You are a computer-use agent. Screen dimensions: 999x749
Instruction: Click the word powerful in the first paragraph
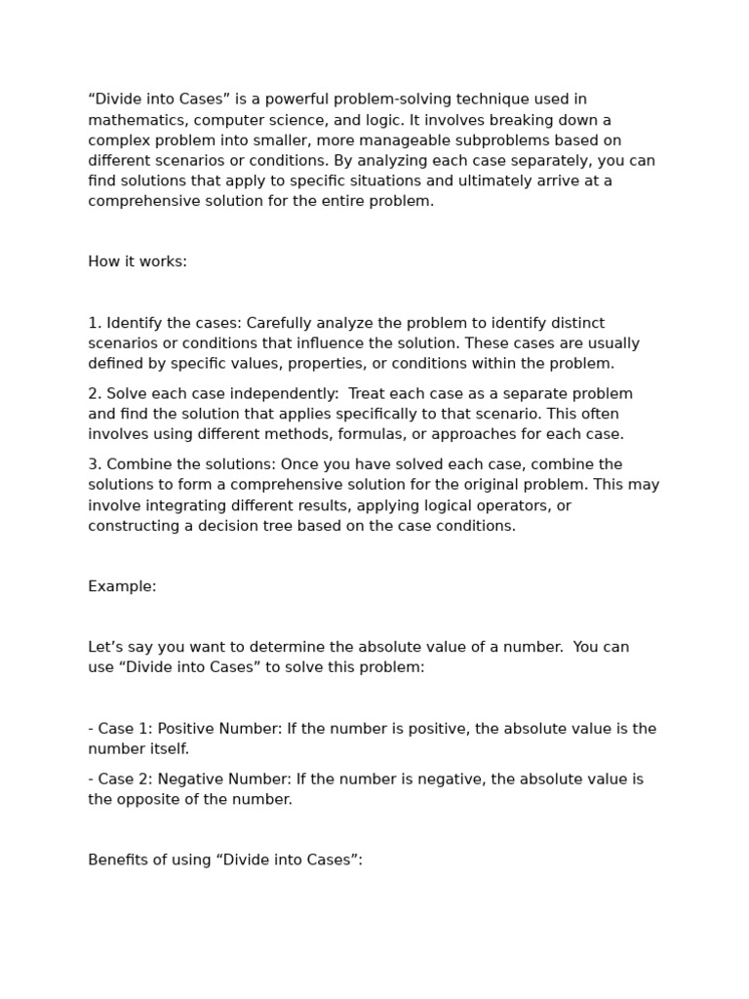pyautogui.click(x=293, y=100)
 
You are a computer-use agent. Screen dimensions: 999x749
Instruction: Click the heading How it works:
pyautogui.click(x=138, y=261)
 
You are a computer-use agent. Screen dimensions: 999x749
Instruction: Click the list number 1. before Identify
pyautogui.click(x=95, y=323)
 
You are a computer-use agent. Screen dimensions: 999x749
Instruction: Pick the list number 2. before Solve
pyautogui.click(x=95, y=394)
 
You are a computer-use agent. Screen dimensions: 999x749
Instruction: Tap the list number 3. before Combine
pyautogui.click(x=95, y=464)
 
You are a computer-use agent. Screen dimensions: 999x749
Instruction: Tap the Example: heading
pyautogui.click(x=122, y=586)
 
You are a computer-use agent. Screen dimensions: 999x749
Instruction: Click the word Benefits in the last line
pyautogui.click(x=120, y=860)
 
